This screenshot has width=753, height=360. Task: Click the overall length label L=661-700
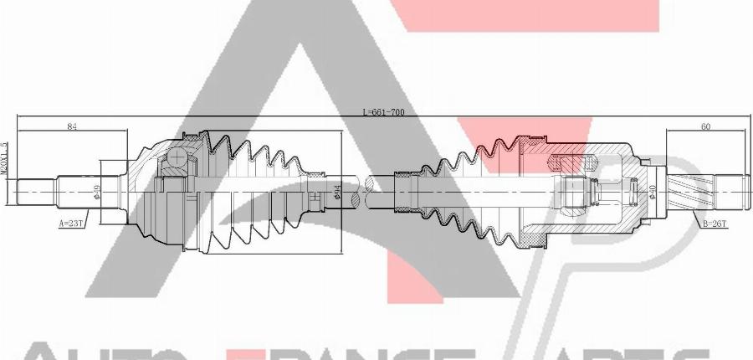tap(383, 112)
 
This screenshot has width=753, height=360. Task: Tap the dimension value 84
tap(72, 126)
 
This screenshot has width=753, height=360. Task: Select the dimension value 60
tap(705, 126)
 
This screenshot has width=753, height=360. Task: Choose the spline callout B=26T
tap(715, 224)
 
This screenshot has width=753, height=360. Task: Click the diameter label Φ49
tap(97, 192)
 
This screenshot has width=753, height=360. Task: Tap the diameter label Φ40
tap(652, 192)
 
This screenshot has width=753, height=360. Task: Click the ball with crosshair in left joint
tap(179, 157)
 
